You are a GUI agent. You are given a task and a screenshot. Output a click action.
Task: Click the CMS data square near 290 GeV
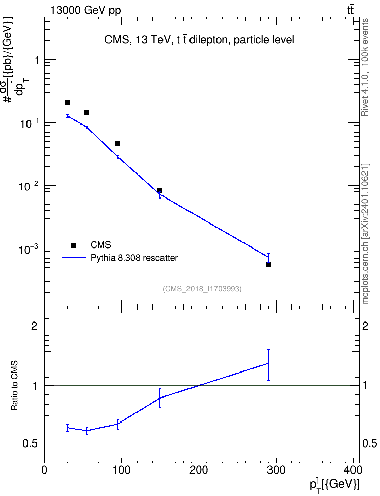click(x=268, y=264)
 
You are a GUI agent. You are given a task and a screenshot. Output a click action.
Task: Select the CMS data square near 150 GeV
click(x=160, y=190)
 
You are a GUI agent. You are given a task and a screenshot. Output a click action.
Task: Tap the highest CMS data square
click(x=67, y=102)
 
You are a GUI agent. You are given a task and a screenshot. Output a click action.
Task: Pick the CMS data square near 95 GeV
click(x=118, y=144)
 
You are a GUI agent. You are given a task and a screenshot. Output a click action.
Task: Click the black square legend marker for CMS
click(x=74, y=245)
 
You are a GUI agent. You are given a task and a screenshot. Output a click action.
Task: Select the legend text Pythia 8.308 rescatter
click(x=134, y=258)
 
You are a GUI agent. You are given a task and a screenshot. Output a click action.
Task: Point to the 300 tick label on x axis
click(x=276, y=470)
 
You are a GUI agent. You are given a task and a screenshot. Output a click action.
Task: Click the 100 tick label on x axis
click(x=122, y=470)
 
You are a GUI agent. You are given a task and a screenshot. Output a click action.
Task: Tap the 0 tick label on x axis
click(x=44, y=470)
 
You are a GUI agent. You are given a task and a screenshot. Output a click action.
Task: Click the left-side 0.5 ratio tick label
click(x=31, y=444)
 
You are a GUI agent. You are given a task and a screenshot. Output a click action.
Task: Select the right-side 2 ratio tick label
click(x=365, y=326)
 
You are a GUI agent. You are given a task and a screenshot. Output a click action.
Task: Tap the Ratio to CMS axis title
click(x=14, y=386)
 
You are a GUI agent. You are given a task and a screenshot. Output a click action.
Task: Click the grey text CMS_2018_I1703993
click(x=202, y=289)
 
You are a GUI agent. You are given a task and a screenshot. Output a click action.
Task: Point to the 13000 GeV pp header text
click(x=85, y=10)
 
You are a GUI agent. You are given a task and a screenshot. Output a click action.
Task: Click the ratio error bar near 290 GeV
click(x=268, y=365)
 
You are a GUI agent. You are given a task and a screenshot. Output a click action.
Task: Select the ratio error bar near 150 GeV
click(x=160, y=398)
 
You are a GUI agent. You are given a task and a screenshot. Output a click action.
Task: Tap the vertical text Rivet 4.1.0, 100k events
click(x=365, y=67)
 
